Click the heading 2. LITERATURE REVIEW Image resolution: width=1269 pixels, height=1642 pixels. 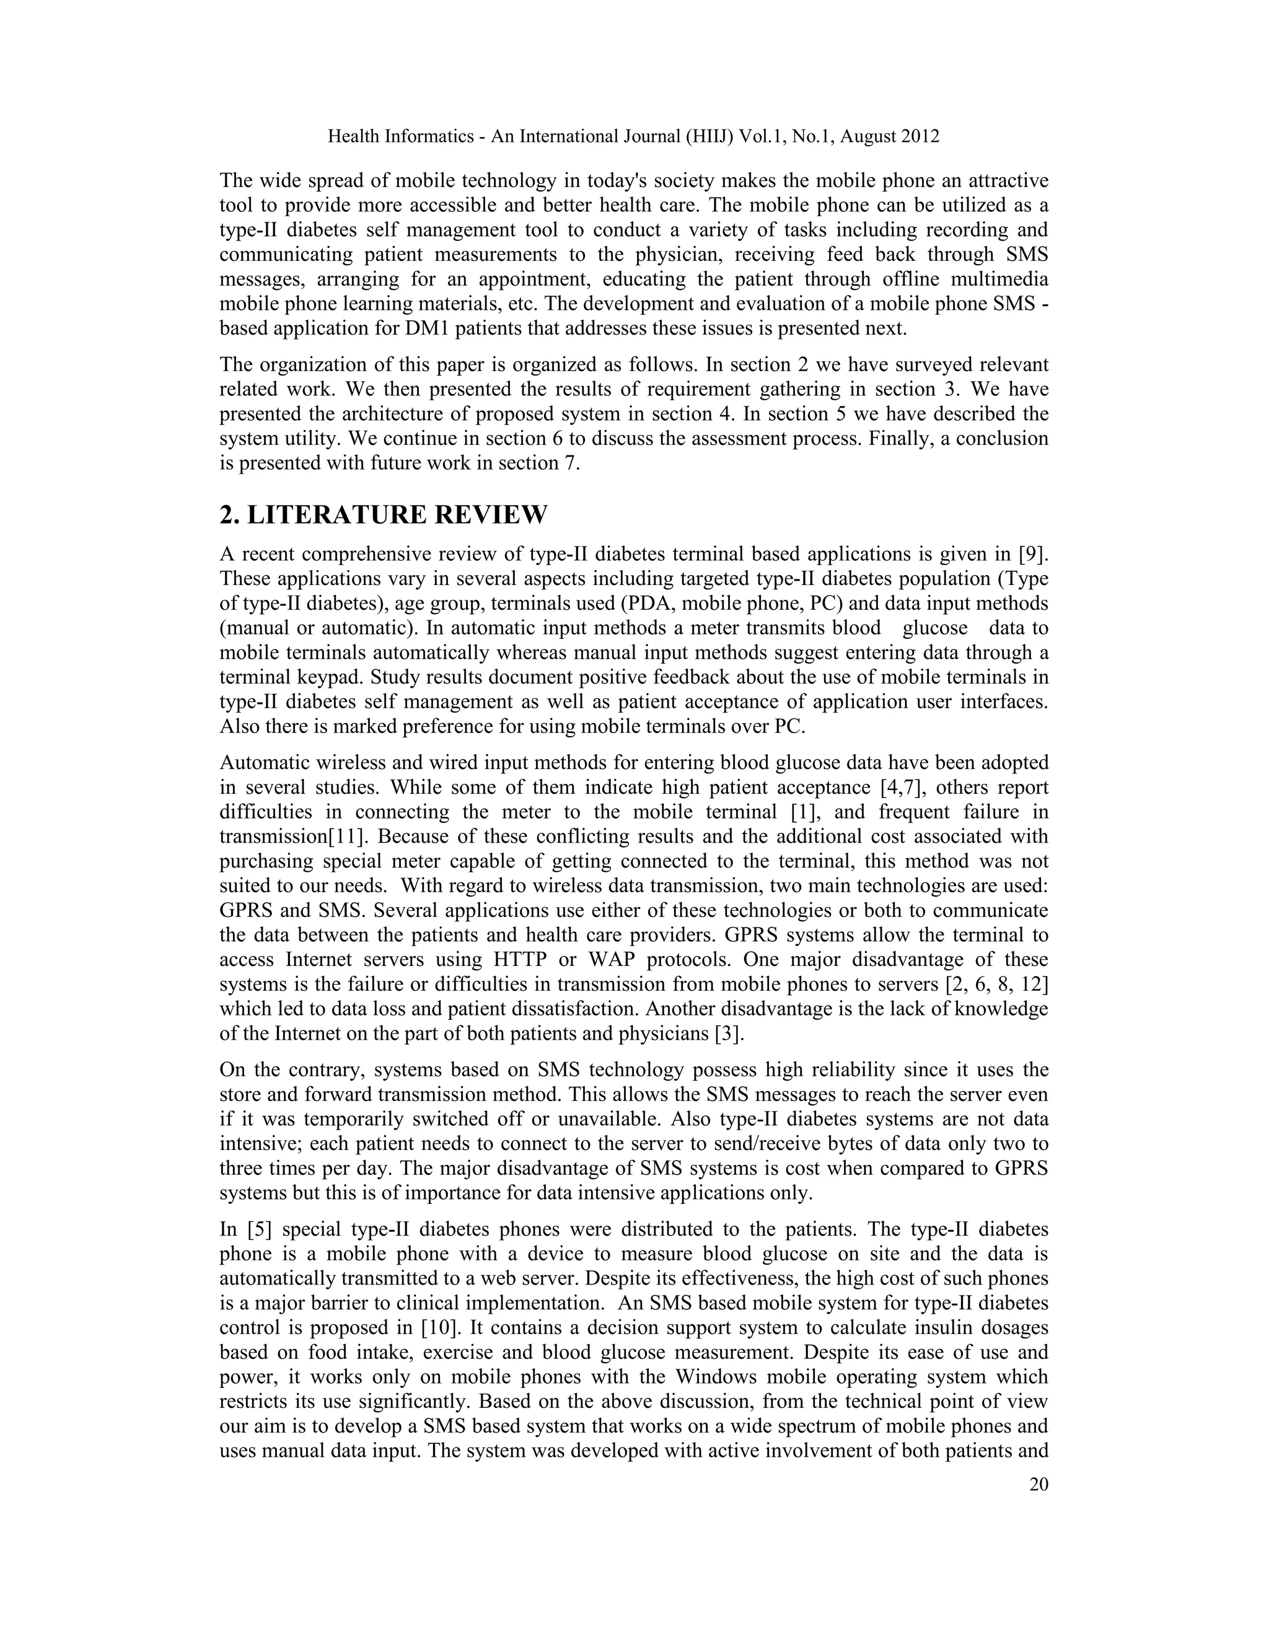tap(384, 515)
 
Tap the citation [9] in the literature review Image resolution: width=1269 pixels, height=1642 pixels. tap(1033, 555)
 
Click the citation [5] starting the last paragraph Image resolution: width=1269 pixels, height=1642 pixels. tap(258, 1230)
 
